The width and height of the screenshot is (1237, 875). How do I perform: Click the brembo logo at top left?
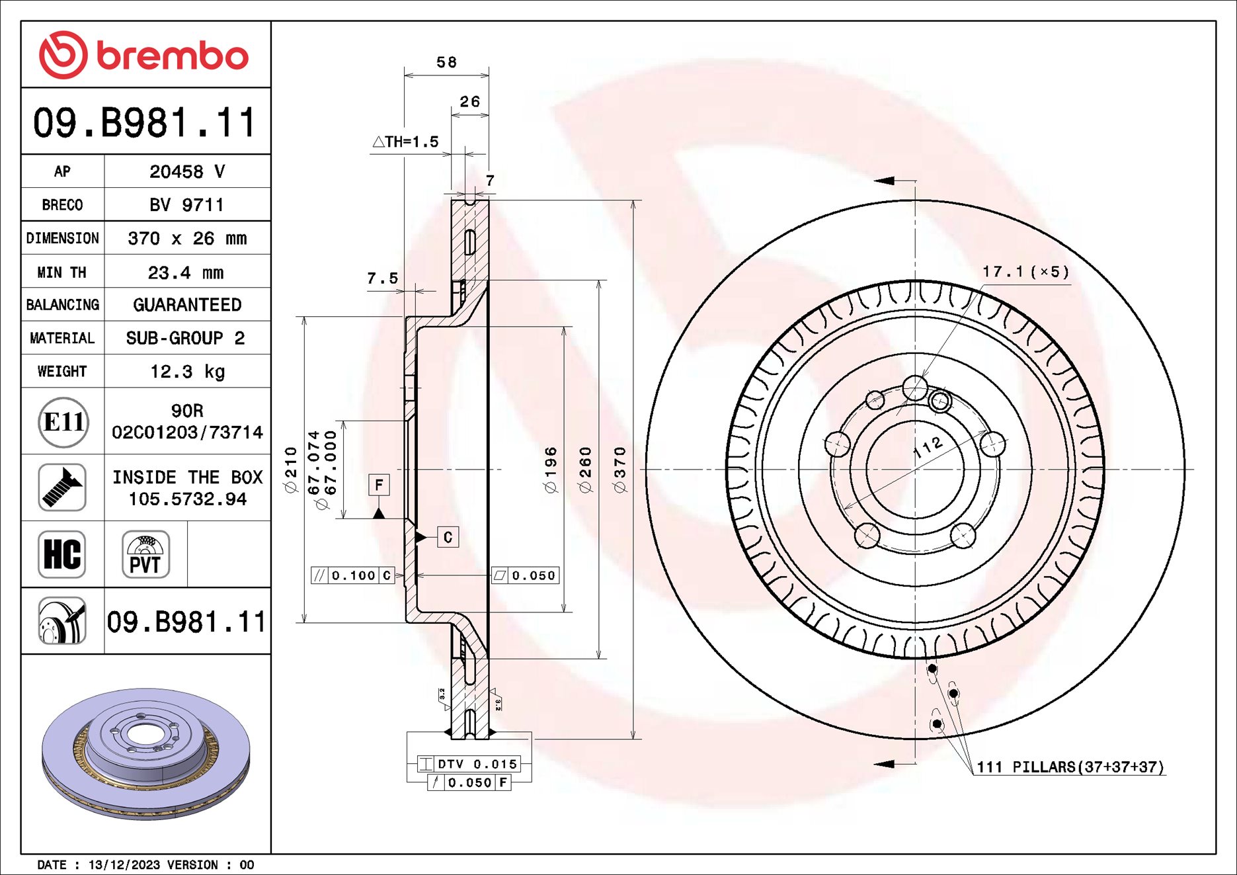(144, 55)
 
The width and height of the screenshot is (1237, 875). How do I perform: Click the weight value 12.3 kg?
(187, 372)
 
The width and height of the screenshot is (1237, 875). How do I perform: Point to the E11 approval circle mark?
(63, 422)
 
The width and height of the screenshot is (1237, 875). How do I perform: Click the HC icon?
(62, 554)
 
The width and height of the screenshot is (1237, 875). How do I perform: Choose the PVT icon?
(145, 554)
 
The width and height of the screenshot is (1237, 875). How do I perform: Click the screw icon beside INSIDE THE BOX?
(62, 487)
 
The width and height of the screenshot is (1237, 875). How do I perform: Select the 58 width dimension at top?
(446, 63)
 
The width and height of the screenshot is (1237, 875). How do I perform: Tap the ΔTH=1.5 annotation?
(405, 142)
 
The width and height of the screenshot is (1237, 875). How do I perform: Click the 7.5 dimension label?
(383, 278)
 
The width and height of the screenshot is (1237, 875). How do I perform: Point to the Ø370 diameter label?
(619, 470)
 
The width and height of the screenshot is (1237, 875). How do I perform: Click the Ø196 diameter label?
(551, 470)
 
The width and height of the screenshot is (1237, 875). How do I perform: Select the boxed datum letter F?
(379, 485)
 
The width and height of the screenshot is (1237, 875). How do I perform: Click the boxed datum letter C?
(448, 537)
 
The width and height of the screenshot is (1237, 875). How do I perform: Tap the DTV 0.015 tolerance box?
(469, 764)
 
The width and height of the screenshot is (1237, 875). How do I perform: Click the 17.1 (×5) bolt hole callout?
(1025, 272)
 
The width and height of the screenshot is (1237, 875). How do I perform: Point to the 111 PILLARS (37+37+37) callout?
(1070, 767)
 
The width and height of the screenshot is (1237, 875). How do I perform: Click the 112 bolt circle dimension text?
(928, 448)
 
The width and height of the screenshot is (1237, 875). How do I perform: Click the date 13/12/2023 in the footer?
(124, 865)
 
